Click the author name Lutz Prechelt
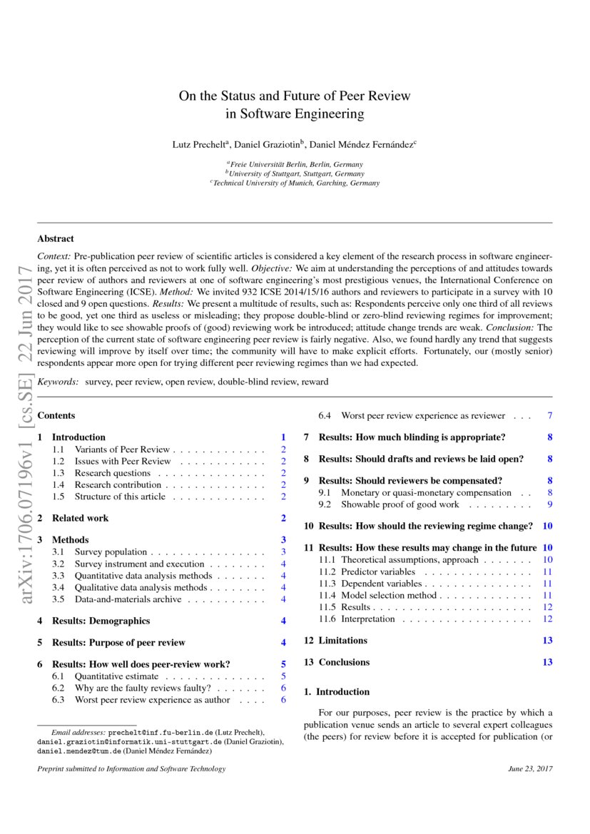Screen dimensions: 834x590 pos(199,144)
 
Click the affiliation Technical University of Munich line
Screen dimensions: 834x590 pos(296,183)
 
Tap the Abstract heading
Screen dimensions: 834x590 pos(55,239)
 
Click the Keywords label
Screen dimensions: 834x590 pos(58,382)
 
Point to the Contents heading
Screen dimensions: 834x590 pos(56,416)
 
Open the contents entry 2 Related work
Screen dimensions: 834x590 pos(80,518)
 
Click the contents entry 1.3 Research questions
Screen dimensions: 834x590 pos(112,473)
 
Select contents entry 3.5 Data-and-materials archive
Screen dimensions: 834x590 pos(128,599)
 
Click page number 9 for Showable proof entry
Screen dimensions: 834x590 pos(549,504)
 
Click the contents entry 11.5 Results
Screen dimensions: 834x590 pos(355,607)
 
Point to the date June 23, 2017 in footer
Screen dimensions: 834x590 pos(530,769)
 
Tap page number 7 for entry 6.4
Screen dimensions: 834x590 pos(549,416)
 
